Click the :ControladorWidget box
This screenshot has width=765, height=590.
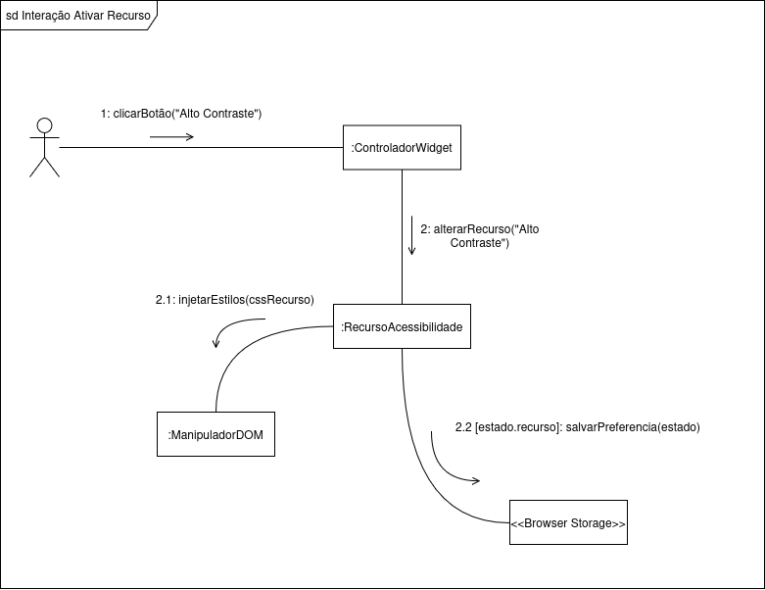(402, 148)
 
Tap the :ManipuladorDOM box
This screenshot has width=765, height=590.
(215, 434)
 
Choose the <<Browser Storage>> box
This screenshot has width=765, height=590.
(568, 523)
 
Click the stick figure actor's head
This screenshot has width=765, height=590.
(43, 125)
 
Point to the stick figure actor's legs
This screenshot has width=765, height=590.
(44, 167)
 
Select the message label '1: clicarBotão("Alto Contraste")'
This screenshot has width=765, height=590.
(181, 114)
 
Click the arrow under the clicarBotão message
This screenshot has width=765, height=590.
(171, 137)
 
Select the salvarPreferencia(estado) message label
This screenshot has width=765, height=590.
(632, 427)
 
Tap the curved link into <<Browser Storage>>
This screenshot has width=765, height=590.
(421, 461)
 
